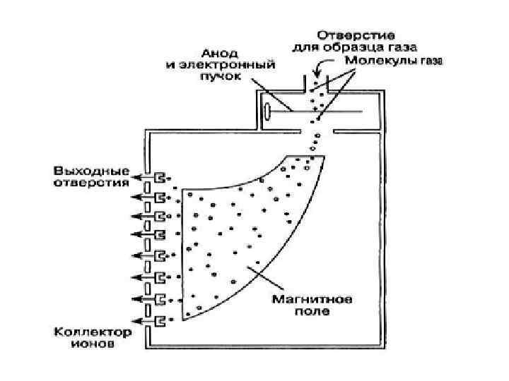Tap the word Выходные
91,171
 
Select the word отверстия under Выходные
91,182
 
